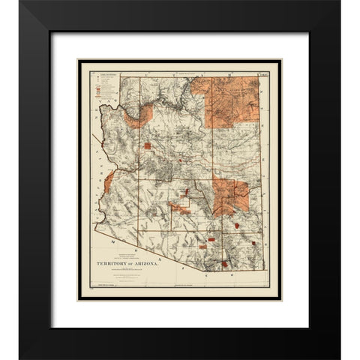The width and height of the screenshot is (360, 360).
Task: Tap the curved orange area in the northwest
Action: [142, 116]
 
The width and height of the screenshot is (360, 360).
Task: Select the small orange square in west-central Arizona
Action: [148, 145]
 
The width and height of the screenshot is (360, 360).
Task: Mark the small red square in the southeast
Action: [256, 244]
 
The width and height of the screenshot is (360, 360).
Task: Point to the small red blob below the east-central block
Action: [237, 225]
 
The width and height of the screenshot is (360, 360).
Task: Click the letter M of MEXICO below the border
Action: [112, 244]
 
